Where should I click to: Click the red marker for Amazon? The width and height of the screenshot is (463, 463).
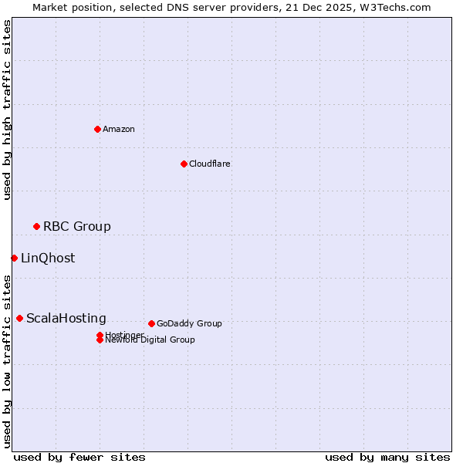[x=97, y=129]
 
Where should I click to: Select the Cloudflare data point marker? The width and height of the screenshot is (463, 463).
[x=184, y=164]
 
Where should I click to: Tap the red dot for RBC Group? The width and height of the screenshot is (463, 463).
[x=36, y=226]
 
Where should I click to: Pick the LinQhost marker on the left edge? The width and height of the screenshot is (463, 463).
[x=14, y=258]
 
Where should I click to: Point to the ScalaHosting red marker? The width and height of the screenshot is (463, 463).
[x=19, y=318]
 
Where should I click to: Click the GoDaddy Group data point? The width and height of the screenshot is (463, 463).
[x=151, y=323]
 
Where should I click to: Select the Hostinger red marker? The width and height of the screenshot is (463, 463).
[x=100, y=335]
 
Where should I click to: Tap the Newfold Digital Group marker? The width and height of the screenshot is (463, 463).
[x=100, y=340]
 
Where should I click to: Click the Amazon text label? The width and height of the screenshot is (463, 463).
[x=119, y=129]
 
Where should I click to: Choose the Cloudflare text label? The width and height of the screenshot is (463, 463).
[x=210, y=164]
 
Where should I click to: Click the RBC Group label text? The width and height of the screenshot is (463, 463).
[x=77, y=226]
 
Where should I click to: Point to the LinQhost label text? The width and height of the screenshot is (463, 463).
[x=48, y=258]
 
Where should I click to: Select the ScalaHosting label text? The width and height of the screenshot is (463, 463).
[x=66, y=318]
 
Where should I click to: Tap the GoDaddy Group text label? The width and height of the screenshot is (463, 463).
[x=189, y=323]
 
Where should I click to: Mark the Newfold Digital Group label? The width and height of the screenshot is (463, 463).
[x=150, y=340]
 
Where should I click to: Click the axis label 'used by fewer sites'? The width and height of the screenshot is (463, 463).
[x=79, y=457]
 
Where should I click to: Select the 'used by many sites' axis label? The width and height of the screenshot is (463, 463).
[x=387, y=457]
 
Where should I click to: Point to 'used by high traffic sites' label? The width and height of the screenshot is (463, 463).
[x=7, y=110]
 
